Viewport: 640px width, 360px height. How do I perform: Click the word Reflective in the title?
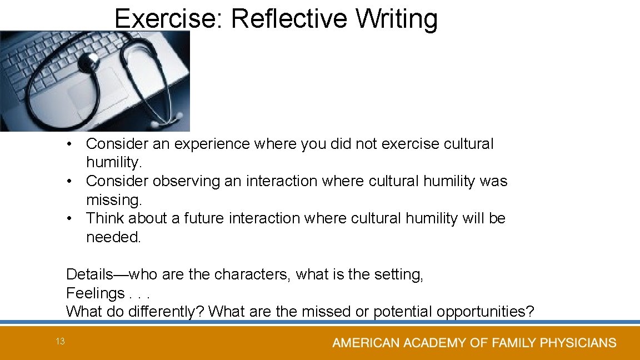click(289, 19)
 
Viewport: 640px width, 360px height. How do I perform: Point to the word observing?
click(190, 181)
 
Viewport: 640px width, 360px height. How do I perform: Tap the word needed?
click(114, 237)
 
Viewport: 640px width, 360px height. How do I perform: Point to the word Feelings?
click(95, 293)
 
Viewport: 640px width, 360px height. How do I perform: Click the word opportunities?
click(485, 312)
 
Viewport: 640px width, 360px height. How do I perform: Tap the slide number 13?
click(60, 342)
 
